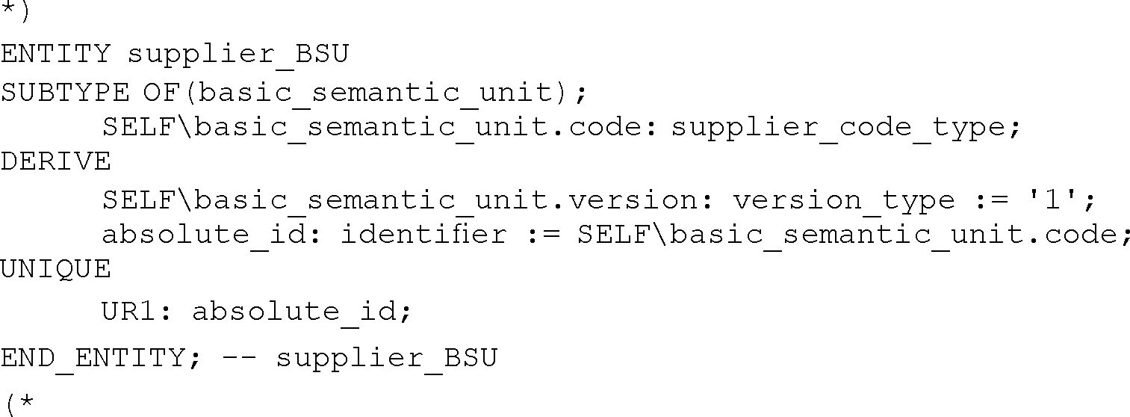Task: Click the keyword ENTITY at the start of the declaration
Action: coord(55,55)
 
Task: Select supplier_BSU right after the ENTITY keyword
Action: coord(238,55)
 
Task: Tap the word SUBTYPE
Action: coord(65,93)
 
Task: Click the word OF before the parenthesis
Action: coord(161,93)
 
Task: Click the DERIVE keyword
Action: coord(55,161)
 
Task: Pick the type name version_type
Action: coord(843,200)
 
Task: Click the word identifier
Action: coord(423,235)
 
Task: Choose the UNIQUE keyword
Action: coord(55,269)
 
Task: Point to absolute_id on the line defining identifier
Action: coord(205,235)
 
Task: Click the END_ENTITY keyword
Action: coord(93,358)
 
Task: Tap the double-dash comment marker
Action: coord(238,358)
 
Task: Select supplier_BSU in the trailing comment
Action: coord(386,358)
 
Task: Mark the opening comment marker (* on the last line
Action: coord(19,404)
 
